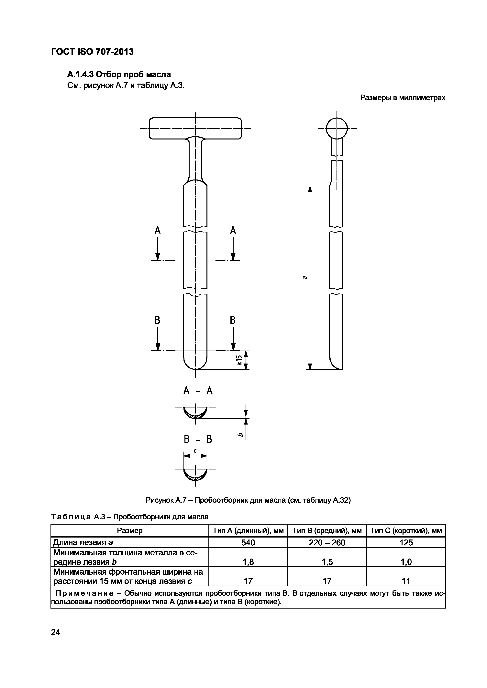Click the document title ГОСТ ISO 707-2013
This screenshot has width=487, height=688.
[x=92, y=52]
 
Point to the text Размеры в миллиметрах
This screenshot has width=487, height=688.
[x=403, y=98]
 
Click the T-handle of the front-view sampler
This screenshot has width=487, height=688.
[x=195, y=128]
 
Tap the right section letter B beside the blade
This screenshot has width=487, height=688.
[x=233, y=320]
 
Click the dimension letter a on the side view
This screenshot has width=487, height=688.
[x=304, y=278]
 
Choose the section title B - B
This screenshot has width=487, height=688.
[x=198, y=439]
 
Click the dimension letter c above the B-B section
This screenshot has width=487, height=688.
[x=195, y=450]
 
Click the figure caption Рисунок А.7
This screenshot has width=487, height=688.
[x=248, y=500]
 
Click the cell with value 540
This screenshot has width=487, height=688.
[x=248, y=543]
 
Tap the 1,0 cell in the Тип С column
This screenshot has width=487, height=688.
[x=406, y=562]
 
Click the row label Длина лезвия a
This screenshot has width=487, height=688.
[x=83, y=543]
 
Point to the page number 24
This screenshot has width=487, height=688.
[x=56, y=632]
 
